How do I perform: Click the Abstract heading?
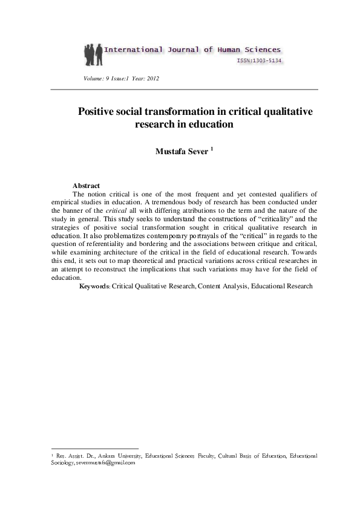pos(86,186)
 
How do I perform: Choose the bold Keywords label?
pos(95,286)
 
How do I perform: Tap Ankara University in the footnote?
pos(122,456)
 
